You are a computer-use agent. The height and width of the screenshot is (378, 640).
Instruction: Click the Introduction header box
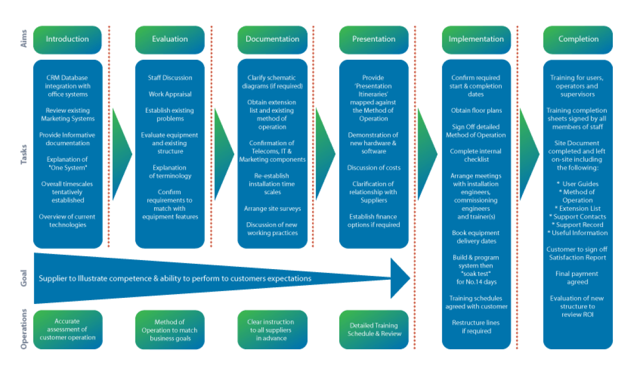point(67,39)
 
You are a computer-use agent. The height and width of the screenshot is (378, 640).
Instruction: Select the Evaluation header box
point(170,39)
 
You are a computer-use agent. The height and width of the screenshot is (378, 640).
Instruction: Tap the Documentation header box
point(272,39)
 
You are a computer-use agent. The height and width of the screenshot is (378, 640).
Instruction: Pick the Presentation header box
point(374,39)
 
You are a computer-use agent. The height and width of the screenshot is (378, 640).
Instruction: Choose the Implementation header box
point(476,39)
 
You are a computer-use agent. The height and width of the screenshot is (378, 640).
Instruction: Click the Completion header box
point(578,39)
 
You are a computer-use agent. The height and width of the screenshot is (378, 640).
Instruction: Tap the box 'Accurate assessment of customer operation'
point(67,329)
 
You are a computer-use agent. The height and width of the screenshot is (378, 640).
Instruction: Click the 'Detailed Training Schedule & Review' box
point(374,329)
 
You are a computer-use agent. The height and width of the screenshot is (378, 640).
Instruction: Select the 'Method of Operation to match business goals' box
point(170,330)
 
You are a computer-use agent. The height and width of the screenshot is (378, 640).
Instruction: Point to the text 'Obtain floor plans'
point(476,111)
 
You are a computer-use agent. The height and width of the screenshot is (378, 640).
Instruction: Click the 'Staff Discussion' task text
point(170,78)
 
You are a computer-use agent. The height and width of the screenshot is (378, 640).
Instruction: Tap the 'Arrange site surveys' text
point(272,209)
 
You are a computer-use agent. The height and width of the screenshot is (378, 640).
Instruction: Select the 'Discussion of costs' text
point(374,168)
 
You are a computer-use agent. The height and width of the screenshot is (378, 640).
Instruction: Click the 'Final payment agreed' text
point(578,278)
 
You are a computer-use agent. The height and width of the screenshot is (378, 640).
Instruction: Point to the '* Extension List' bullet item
point(578,208)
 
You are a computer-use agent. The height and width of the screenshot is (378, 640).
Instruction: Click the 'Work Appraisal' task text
point(170,94)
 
